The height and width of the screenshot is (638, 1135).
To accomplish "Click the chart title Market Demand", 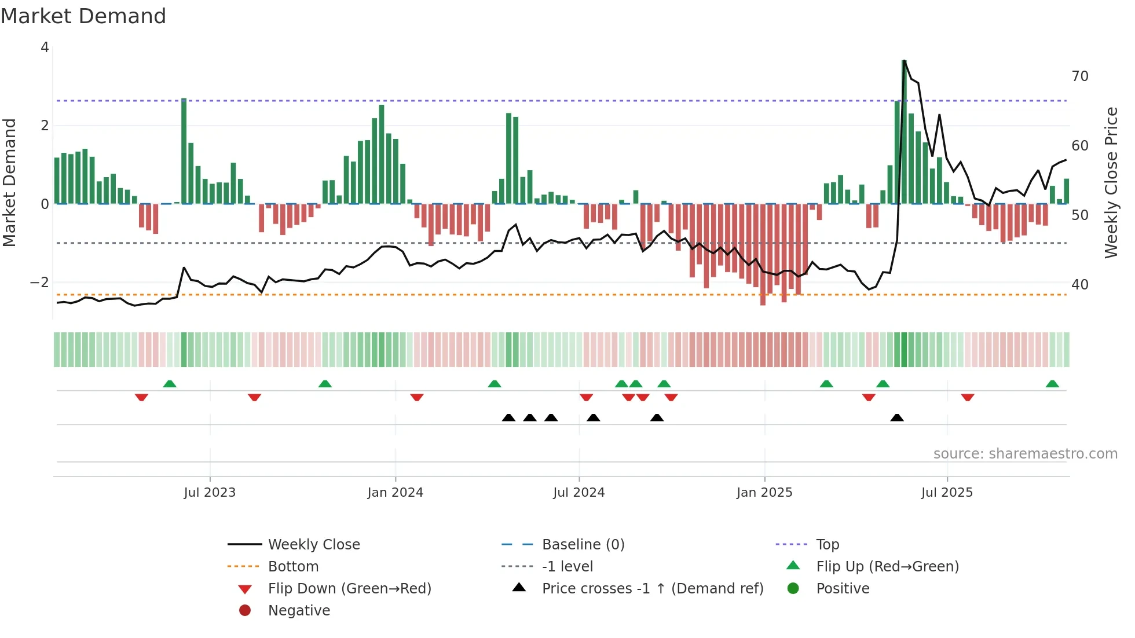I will click(83, 16).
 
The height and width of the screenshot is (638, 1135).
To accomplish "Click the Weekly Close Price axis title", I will click(1111, 182).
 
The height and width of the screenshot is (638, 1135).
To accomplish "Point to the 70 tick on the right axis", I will click(1079, 76).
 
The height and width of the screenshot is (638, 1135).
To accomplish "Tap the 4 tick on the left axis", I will click(45, 47).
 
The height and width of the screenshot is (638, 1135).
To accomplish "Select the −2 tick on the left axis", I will click(39, 283).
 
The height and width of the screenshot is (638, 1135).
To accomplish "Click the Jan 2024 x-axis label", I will click(395, 493).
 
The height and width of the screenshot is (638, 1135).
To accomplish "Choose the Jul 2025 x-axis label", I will click(947, 493).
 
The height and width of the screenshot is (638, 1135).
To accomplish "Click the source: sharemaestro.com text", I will click(1025, 454).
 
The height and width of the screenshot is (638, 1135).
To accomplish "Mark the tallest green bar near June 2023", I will click(184, 151).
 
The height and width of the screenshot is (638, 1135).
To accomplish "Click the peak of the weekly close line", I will click(905, 61).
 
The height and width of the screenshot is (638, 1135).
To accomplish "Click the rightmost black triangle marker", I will click(896, 417).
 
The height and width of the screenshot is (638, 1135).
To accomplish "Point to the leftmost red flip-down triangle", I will click(141, 398).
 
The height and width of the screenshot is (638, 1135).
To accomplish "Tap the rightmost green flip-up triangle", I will click(1052, 384).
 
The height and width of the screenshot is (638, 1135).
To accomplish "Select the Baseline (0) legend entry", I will click(583, 545).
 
